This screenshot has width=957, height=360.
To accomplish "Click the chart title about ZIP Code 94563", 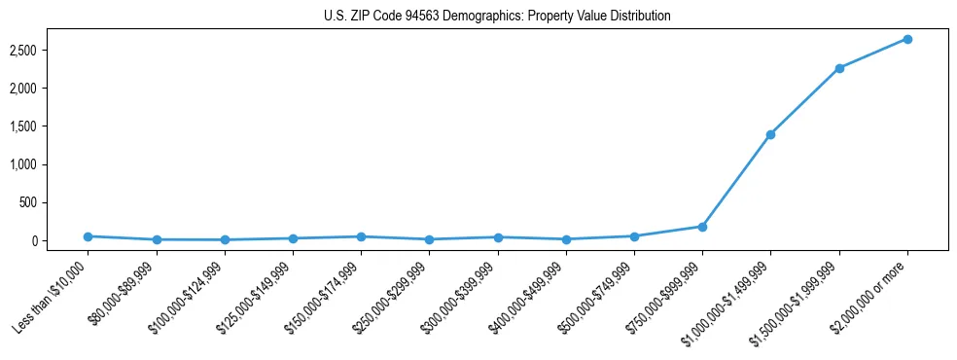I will tap(497, 17).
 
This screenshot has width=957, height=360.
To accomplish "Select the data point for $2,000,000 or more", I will tap(906, 39).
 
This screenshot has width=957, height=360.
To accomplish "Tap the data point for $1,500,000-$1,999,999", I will tap(838, 68).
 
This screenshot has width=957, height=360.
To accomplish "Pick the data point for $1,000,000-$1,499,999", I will tap(770, 134).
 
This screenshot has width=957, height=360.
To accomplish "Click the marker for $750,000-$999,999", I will tap(702, 227).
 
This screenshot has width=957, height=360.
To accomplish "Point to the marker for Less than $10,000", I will tap(88, 236).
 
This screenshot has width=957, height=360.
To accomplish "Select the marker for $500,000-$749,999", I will tap(634, 236).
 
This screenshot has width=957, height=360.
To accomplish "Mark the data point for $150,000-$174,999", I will tap(361, 236).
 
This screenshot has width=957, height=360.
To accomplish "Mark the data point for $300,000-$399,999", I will tap(498, 237).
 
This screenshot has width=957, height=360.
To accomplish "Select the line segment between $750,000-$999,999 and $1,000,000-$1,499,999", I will tap(736, 181).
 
